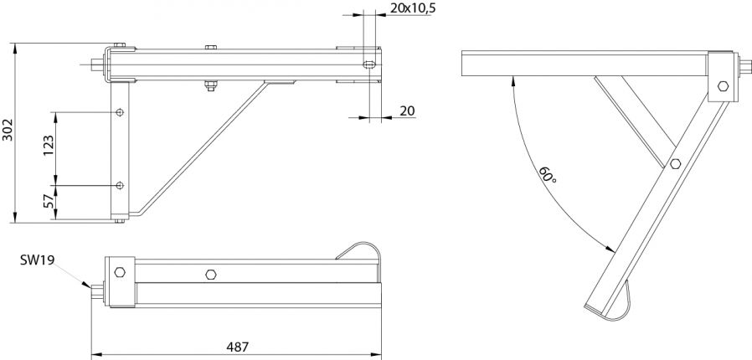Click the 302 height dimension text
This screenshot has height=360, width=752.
tap(8, 132)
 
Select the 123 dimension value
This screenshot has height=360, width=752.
tap(49, 148)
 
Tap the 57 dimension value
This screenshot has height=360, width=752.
tap(49, 203)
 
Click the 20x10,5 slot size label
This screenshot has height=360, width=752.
tap(413, 8)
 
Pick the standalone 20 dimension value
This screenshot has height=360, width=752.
tap(408, 110)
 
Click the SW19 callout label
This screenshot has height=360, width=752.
tap(38, 261)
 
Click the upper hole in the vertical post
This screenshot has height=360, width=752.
tap(121, 111)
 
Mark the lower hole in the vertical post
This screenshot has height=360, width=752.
tap(121, 185)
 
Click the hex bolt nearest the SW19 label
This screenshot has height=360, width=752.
tap(119, 273)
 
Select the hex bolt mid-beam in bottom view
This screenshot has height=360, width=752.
tap(210, 274)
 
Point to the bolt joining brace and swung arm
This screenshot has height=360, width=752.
tap(675, 164)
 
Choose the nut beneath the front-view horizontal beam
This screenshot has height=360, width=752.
tap(209, 84)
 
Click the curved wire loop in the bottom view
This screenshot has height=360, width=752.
tap(362, 249)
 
